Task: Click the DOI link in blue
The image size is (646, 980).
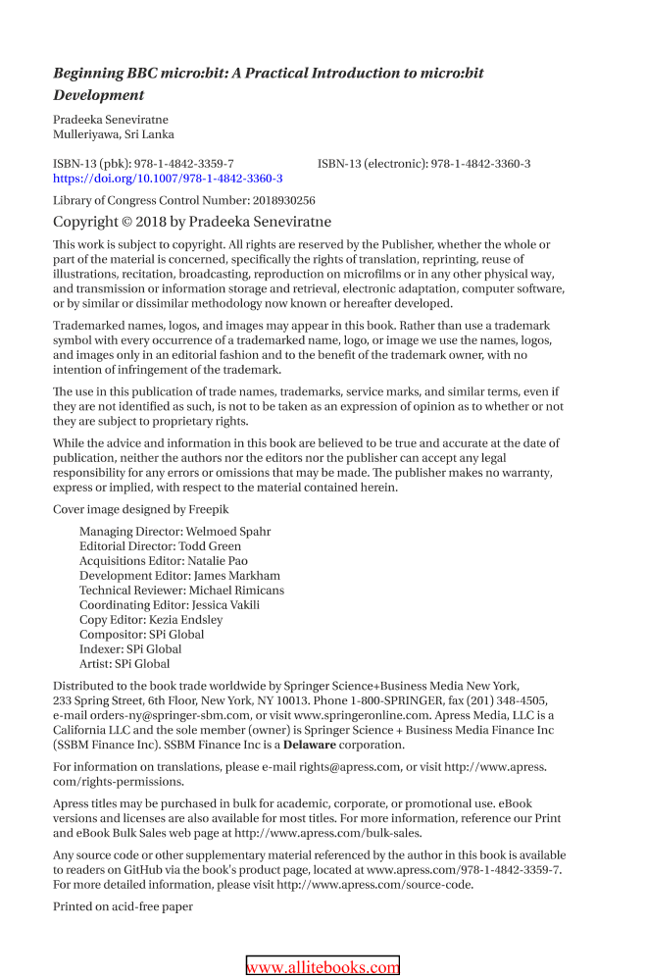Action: [168, 179]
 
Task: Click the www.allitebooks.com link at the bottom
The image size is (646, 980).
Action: [323, 967]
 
